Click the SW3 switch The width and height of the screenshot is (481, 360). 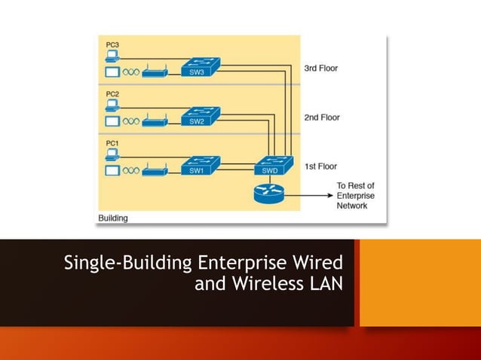(x=200, y=69)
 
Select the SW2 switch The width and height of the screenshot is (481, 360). (x=200, y=117)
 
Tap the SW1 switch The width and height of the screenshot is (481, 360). (x=200, y=166)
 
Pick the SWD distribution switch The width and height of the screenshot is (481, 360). (x=270, y=166)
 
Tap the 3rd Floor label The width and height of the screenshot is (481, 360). (x=321, y=69)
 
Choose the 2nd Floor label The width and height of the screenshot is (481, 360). (x=321, y=117)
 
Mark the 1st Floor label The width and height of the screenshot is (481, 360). (x=320, y=166)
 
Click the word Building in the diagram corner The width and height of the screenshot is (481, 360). (x=113, y=218)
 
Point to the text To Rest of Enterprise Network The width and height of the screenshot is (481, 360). (x=355, y=195)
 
